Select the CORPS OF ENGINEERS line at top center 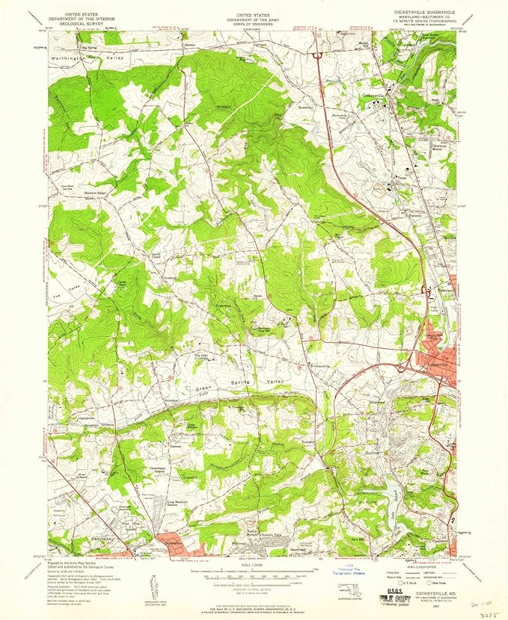point(254,23)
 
